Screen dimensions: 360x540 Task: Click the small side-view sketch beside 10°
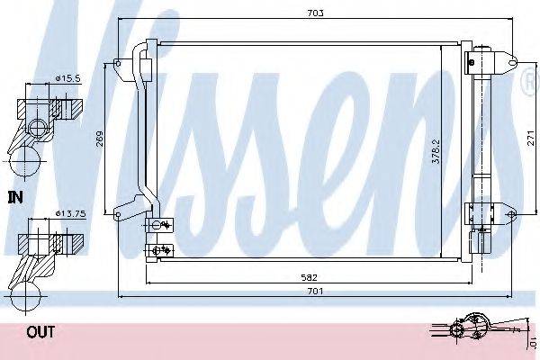[472, 328]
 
